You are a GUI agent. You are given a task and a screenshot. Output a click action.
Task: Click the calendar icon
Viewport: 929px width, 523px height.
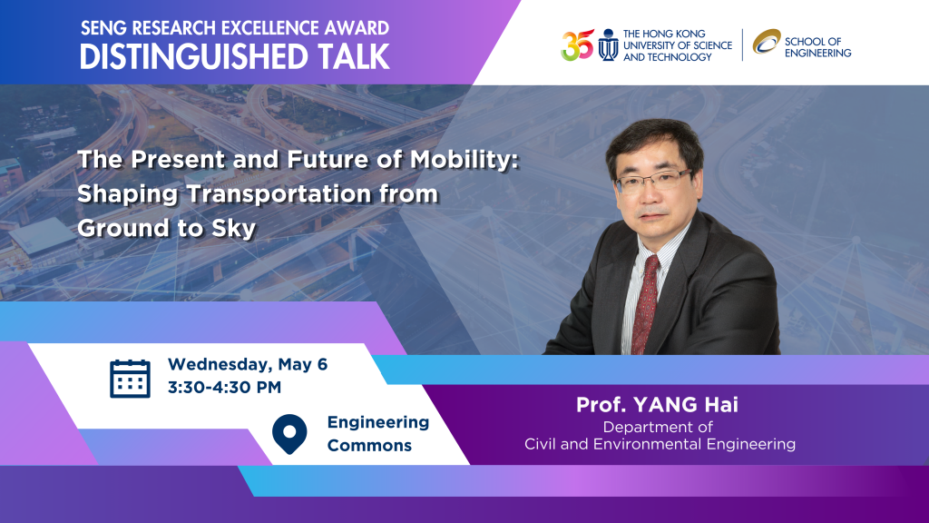click(130, 379)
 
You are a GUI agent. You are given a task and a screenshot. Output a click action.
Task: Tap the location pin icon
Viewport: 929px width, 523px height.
click(289, 434)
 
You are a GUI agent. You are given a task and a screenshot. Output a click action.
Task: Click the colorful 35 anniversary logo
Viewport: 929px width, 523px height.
click(577, 45)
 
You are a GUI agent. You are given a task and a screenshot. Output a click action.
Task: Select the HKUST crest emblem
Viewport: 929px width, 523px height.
click(608, 45)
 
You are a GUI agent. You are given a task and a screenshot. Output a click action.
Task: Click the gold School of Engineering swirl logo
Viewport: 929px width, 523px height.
click(767, 42)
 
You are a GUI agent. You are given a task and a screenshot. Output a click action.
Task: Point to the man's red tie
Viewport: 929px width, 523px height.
click(646, 303)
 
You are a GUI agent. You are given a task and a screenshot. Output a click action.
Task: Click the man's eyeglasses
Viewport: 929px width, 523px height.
click(653, 180)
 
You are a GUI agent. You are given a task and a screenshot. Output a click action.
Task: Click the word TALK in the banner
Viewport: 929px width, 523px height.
click(353, 57)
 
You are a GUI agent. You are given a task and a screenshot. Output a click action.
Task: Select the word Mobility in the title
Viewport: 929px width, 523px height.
click(464, 160)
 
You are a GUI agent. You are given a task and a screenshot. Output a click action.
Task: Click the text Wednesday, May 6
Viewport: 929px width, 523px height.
click(248, 364)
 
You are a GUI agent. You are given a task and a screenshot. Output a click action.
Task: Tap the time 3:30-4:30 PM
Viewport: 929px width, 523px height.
click(225, 387)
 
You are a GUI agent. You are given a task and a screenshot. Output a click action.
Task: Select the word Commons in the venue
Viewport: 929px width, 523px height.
click(369, 445)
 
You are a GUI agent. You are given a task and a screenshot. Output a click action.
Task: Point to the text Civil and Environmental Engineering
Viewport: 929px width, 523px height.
click(660, 444)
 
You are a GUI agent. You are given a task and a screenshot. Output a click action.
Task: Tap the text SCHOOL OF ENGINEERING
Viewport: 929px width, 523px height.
click(817, 47)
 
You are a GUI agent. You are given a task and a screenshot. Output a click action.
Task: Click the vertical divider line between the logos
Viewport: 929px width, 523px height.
click(742, 44)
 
